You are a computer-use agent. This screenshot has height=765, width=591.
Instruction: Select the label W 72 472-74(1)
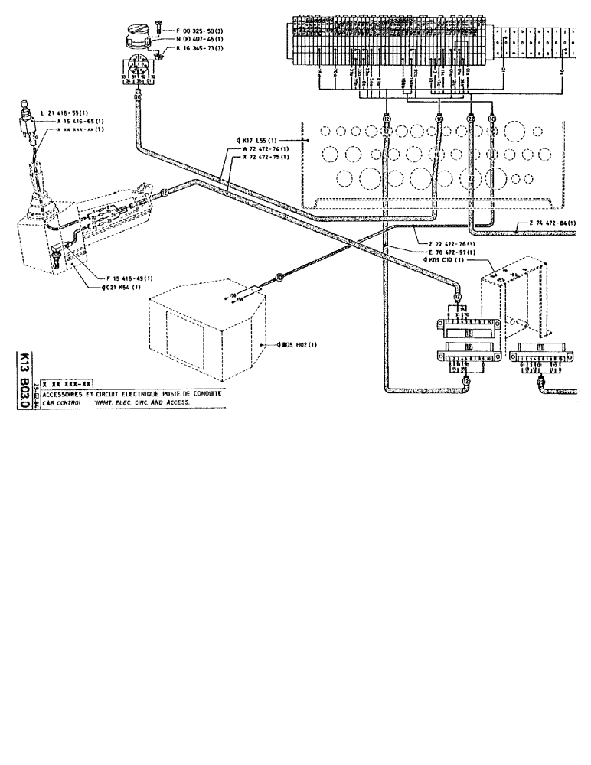coord(265,148)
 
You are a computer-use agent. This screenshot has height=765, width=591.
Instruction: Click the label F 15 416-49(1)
coord(127,278)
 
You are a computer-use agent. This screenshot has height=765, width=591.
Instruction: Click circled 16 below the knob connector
coord(138,98)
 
